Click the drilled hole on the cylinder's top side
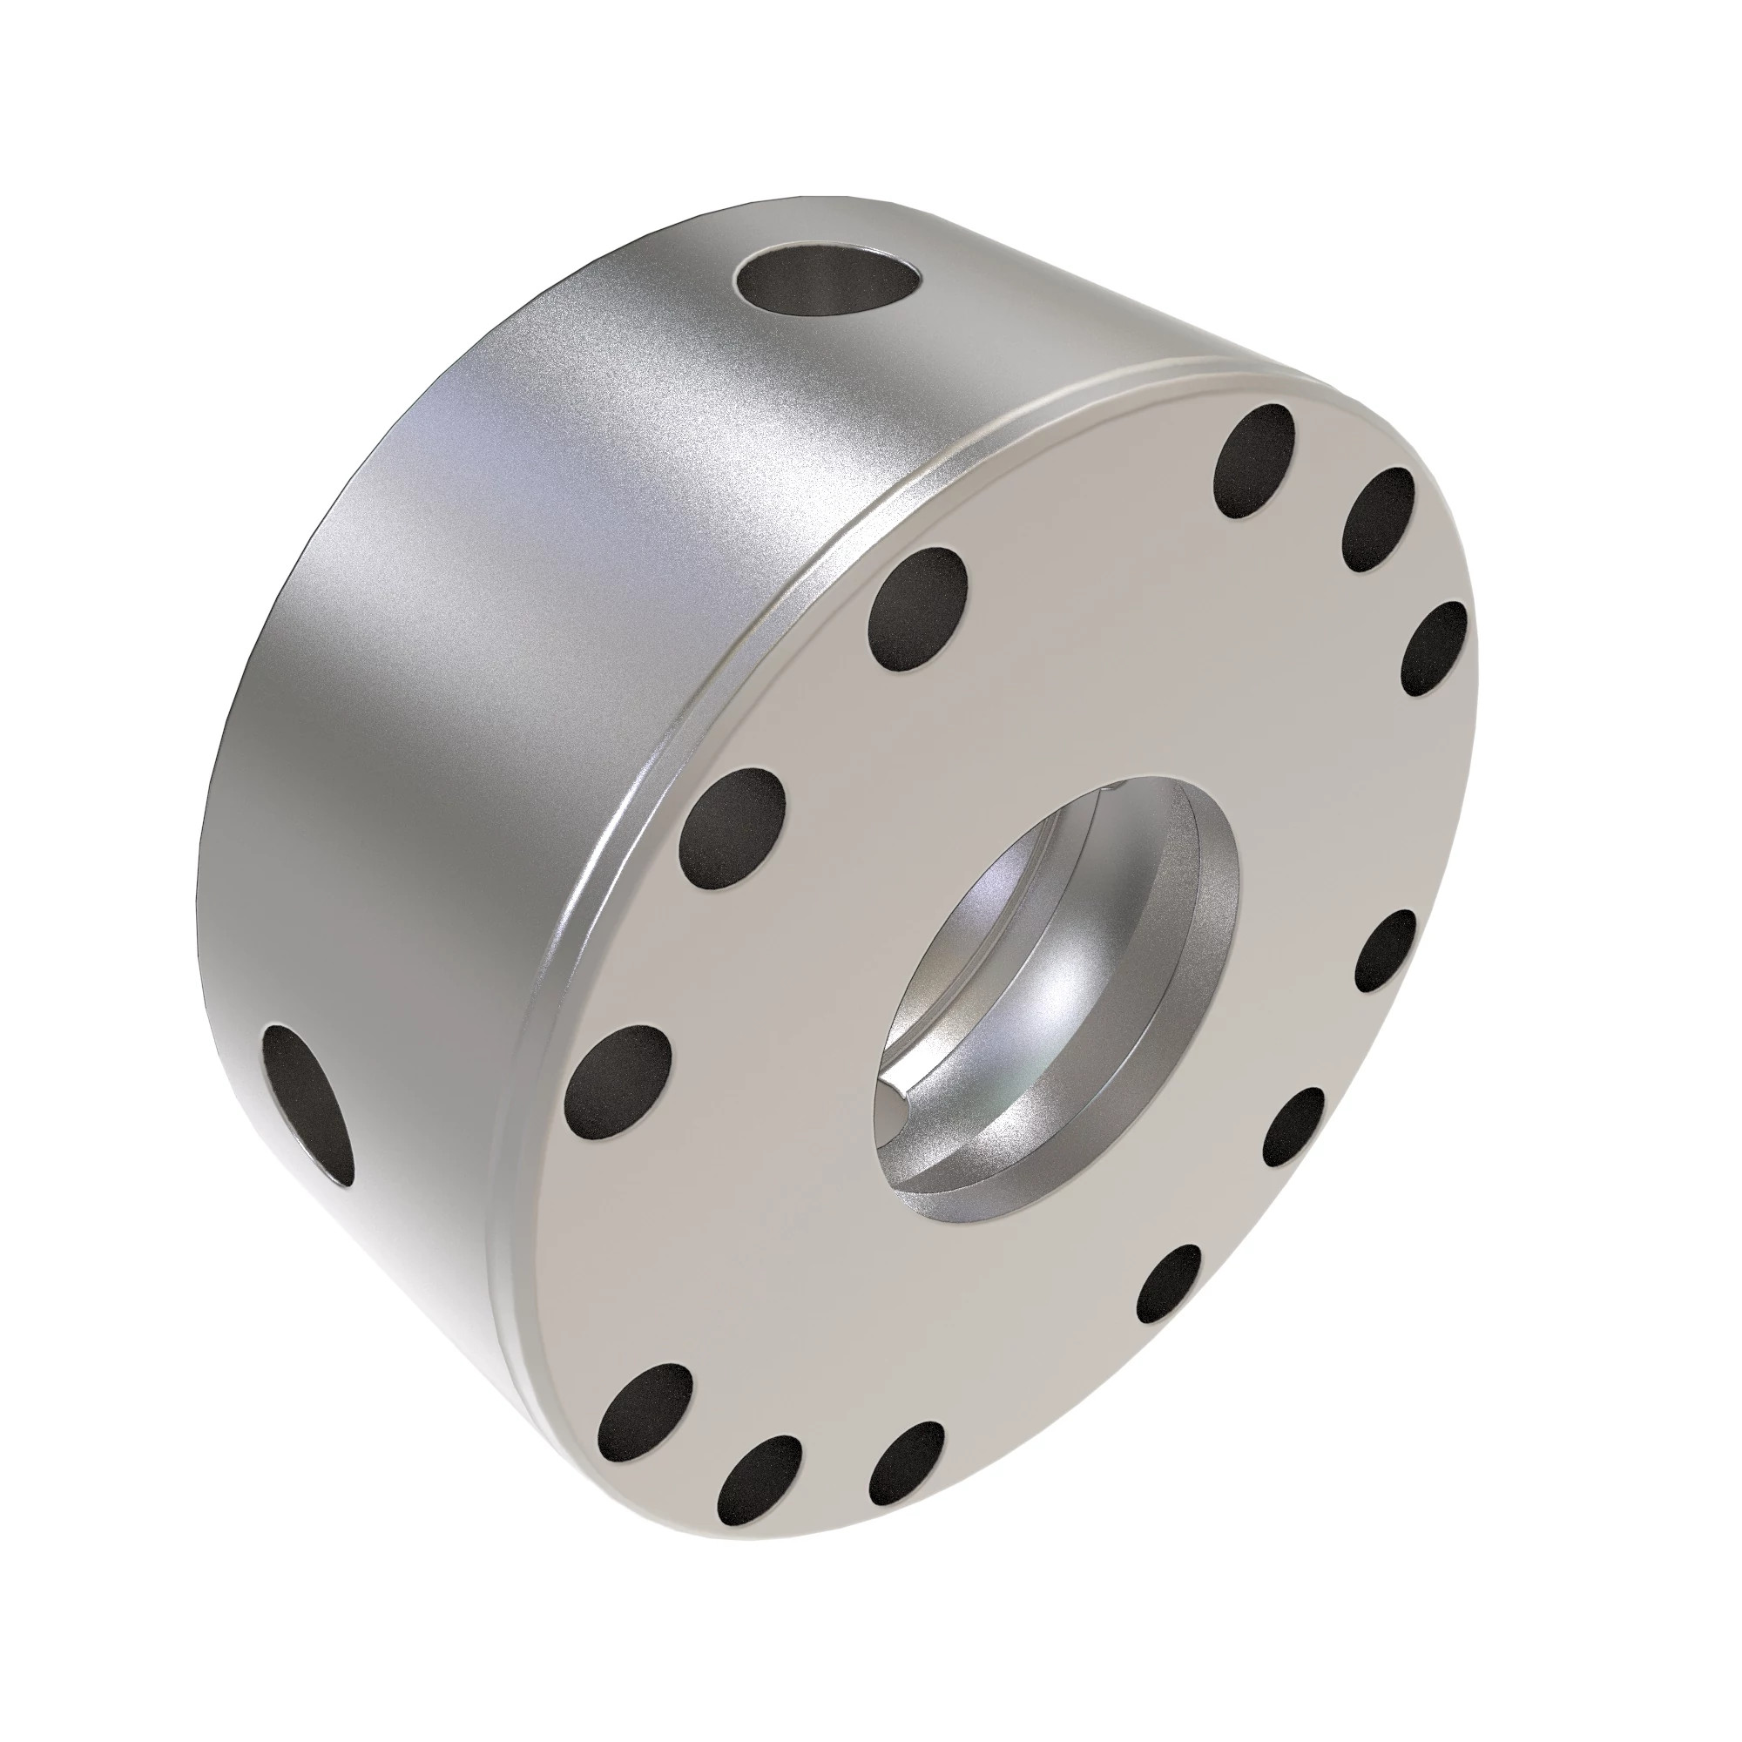tap(829, 286)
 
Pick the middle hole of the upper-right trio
tap(1378, 520)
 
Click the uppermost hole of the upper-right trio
tap(1254, 461)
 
